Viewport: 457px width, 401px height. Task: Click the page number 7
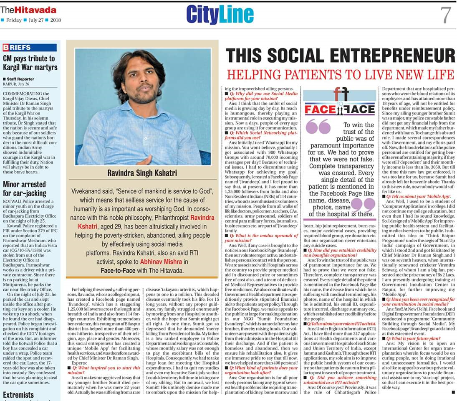[x=445, y=15]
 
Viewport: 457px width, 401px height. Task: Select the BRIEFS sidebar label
[x=17, y=48]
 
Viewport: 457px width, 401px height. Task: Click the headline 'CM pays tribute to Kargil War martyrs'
[x=29, y=63]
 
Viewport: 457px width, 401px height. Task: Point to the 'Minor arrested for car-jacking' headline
[x=25, y=188]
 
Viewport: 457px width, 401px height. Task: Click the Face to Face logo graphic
[x=339, y=102]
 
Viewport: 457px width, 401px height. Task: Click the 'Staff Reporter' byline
[x=20, y=79]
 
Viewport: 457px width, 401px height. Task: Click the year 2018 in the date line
[x=56, y=20]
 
